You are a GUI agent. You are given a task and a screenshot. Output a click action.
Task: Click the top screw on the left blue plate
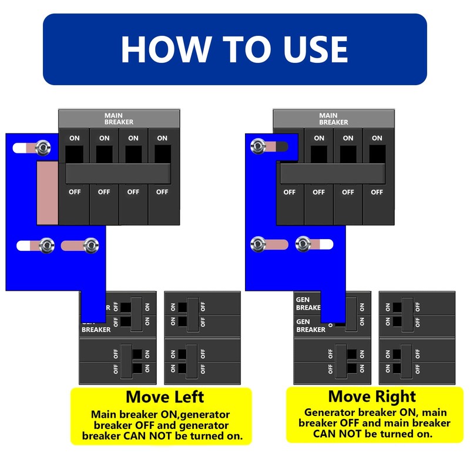(42, 148)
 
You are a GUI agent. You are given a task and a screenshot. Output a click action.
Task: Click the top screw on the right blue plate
(257, 146)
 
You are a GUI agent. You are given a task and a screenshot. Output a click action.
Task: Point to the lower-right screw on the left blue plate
(90, 246)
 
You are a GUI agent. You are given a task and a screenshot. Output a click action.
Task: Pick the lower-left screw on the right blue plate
(257, 244)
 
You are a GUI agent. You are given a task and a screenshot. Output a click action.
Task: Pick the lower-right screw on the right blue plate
(303, 244)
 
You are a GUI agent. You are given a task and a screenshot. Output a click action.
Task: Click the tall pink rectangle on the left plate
(47, 193)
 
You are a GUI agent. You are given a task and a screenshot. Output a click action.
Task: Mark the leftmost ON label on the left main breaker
(75, 139)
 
